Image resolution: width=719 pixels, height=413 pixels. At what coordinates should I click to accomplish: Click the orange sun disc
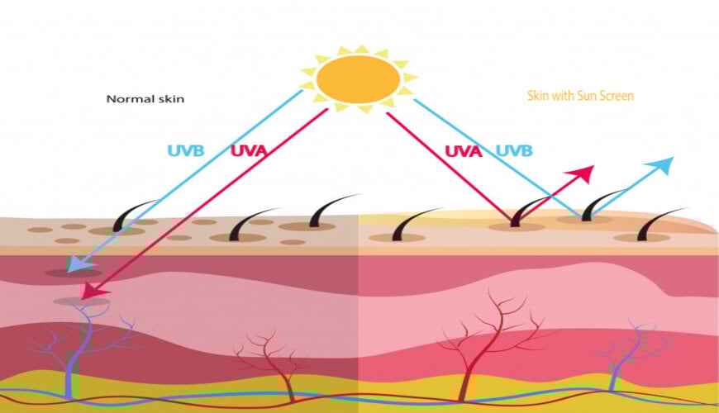tap(359, 78)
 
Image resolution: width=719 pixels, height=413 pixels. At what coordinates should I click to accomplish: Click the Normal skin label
tap(145, 99)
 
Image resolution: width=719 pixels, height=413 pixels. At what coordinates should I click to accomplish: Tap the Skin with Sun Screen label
tap(580, 96)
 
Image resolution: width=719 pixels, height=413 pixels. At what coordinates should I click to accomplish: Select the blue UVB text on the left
tap(185, 151)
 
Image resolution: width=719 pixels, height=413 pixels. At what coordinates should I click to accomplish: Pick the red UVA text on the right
tap(464, 151)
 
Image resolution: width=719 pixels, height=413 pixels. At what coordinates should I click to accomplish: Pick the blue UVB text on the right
tap(513, 151)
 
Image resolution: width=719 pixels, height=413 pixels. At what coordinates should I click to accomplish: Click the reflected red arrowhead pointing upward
tap(585, 174)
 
